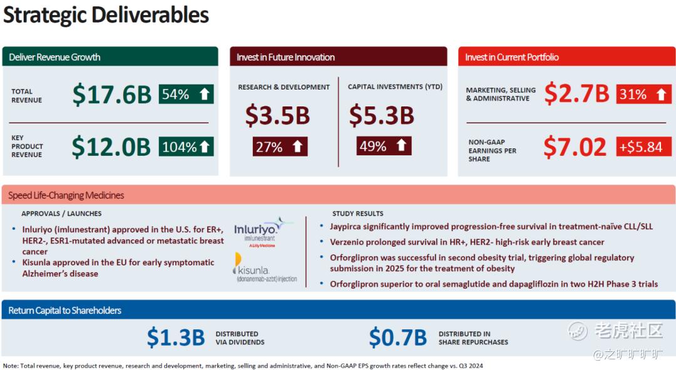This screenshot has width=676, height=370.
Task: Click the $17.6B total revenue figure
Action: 112,95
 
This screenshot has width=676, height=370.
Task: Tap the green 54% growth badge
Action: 187,94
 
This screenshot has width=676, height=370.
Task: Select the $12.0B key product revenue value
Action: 111,146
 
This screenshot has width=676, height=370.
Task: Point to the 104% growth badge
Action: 187,146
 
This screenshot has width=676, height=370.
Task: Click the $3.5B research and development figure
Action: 278,116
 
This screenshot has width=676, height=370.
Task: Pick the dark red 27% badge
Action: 280,146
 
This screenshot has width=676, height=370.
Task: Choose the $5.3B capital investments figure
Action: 382,115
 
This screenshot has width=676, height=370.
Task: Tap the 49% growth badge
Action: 384,146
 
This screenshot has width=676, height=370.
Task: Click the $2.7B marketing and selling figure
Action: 577,93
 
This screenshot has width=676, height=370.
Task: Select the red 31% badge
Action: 644,94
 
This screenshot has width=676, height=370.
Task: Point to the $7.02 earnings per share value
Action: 575,147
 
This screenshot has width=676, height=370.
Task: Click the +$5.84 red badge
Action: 644,146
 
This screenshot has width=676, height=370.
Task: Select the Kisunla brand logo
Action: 265,267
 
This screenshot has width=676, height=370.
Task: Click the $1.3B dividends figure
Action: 176,337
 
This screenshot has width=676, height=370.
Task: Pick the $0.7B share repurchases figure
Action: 398,337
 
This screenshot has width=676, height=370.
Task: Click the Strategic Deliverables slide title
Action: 106,15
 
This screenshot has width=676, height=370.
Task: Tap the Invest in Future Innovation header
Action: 285,57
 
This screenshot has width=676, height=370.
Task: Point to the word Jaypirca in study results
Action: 346,227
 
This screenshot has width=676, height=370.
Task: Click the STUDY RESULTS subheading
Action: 358,213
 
